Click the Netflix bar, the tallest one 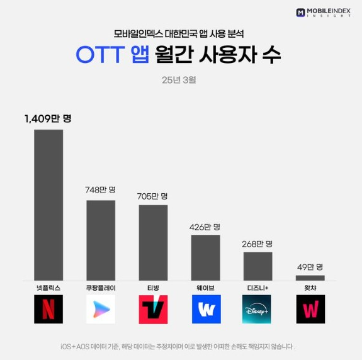48,205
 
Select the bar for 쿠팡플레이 101,240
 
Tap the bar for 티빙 153,242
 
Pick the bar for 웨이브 205,257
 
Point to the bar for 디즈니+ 257,266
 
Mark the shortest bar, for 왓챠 310,278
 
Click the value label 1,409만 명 48,118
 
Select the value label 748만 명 101,189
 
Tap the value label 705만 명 153,196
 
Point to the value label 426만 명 205,226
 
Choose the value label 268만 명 257,243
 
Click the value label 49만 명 310,266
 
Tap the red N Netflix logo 48,309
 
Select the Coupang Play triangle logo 101,309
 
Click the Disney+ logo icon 257,309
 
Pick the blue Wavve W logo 205,309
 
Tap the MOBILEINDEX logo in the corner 323,12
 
